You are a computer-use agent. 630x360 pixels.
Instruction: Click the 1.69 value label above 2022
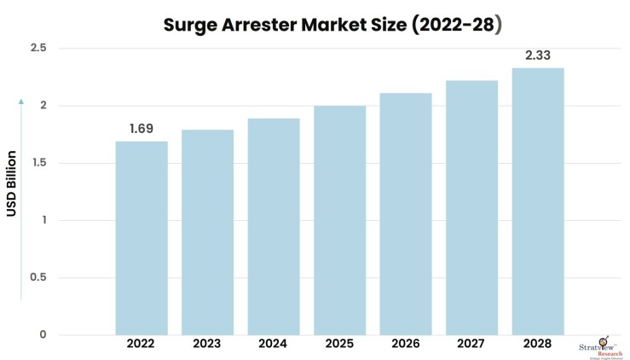[142, 129]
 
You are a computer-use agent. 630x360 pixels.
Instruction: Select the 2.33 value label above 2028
[538, 55]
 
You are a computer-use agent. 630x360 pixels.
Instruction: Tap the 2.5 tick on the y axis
[38, 49]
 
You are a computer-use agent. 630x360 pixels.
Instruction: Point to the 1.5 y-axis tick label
[38, 163]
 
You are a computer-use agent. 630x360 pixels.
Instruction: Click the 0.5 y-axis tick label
[38, 277]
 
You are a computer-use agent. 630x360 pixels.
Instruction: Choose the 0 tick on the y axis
[42, 334]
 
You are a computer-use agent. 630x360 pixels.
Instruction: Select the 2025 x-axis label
[339, 344]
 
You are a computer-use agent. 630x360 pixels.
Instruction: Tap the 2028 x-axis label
[538, 344]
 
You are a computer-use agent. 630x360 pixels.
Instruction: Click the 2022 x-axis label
[142, 344]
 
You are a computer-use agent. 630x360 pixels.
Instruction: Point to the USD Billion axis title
[12, 183]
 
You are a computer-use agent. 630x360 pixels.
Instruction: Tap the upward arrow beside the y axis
[22, 200]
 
